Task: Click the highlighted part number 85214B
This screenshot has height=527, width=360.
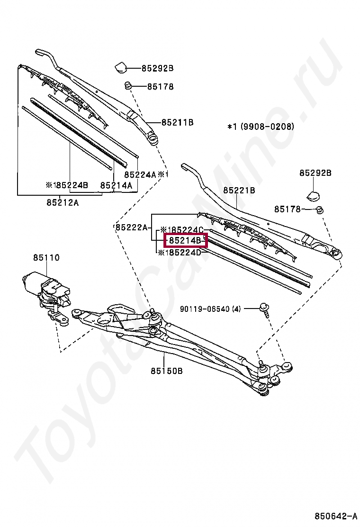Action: click(x=186, y=241)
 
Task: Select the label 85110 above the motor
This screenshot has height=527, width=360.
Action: click(x=46, y=258)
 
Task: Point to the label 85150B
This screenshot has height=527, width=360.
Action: click(x=167, y=371)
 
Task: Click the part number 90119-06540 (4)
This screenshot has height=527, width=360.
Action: click(x=210, y=309)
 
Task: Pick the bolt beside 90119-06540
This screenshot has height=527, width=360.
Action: click(x=265, y=309)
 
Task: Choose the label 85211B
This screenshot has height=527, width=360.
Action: click(x=177, y=122)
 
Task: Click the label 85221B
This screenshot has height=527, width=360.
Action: click(x=239, y=190)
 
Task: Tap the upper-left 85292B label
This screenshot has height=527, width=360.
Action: click(x=157, y=68)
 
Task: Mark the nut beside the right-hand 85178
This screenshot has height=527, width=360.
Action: click(x=320, y=209)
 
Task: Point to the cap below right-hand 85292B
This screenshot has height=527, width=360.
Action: click(x=312, y=194)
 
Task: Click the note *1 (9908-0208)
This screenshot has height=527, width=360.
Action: click(x=261, y=127)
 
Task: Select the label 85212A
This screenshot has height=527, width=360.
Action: click(x=63, y=202)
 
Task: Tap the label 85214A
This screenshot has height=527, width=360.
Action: click(x=116, y=185)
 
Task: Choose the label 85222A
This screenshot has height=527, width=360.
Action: click(x=132, y=227)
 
